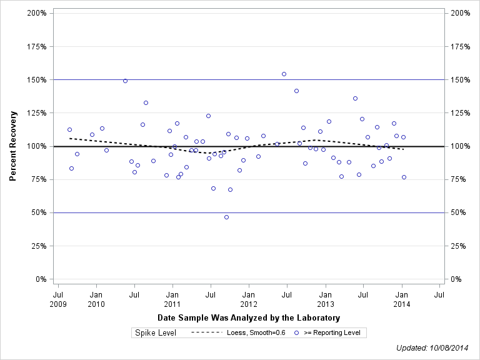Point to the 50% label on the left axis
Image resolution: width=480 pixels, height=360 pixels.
coord(39,212)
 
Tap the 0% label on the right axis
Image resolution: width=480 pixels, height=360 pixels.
coord(456,279)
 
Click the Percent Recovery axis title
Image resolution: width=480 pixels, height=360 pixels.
coord(12,146)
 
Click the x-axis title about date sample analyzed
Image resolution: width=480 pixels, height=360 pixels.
coord(249,317)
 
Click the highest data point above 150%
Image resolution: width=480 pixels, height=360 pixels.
coord(284,74)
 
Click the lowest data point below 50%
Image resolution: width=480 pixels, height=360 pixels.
coord(226,217)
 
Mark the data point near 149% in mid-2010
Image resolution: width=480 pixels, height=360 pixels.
coord(125,81)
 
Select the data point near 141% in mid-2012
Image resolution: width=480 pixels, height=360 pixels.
coord(296,91)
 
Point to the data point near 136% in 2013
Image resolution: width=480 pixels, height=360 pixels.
coord(355,98)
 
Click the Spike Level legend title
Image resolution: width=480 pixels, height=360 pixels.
coord(156,332)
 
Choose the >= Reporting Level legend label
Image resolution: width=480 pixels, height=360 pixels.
coord(332,332)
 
